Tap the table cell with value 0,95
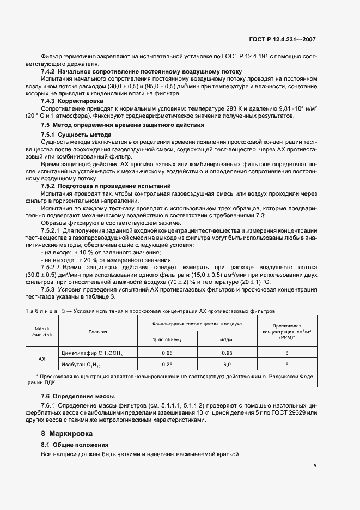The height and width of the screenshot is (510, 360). [227, 353]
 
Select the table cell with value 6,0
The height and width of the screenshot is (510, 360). [227, 365]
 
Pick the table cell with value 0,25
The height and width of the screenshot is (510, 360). [167, 365]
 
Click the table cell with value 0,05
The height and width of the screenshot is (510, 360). [167, 353]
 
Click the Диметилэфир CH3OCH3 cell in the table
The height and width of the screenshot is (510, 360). [91, 353]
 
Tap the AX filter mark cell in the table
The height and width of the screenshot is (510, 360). [42, 359]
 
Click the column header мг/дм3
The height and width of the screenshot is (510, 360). [227, 339]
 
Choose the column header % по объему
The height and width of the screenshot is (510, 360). [167, 339]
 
